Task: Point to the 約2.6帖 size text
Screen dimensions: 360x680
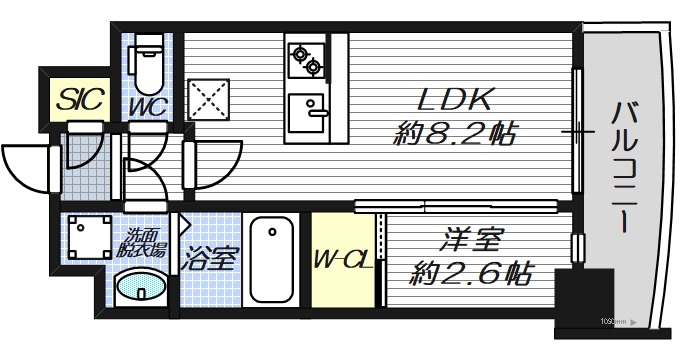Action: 470,271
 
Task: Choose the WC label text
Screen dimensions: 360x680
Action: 146,105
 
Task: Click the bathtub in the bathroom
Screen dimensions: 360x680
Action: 273,259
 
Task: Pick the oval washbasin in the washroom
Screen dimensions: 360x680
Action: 140,291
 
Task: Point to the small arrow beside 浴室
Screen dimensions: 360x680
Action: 183,225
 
